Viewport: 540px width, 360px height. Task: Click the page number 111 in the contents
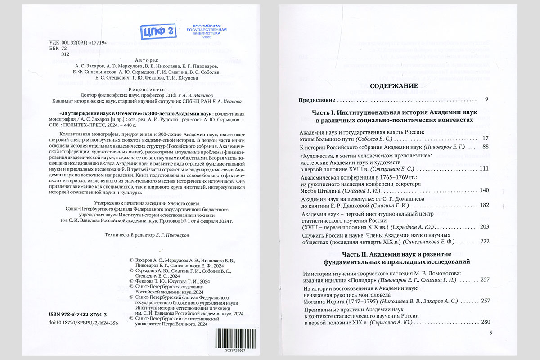484,168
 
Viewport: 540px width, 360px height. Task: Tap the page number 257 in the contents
484,300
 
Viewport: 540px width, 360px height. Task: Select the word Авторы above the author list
147,60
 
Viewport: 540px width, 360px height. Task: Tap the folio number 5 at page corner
490,333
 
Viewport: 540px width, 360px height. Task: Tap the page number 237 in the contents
484,279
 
